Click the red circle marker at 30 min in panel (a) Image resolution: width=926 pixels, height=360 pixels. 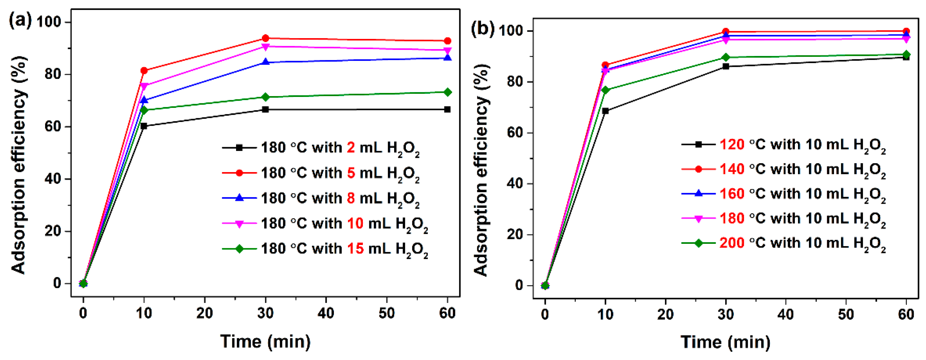click(266, 38)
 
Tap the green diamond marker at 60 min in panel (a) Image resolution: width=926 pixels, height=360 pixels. click(447, 92)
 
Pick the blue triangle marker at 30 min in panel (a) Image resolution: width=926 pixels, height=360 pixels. click(266, 62)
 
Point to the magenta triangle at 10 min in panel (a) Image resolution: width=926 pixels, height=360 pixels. click(144, 86)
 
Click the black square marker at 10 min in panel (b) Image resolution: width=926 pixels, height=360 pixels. click(605, 111)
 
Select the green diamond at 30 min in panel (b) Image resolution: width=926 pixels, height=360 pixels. click(726, 57)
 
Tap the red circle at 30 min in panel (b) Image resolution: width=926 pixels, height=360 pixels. click(726, 32)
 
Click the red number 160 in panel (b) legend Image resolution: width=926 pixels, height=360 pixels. click(732, 194)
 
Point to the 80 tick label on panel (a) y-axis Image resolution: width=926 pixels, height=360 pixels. click(53, 74)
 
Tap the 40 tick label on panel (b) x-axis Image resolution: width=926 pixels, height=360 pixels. click(786, 315)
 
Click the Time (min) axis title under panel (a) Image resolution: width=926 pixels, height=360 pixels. click(265, 341)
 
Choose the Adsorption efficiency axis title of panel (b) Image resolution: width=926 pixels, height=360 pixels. click(481, 171)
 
